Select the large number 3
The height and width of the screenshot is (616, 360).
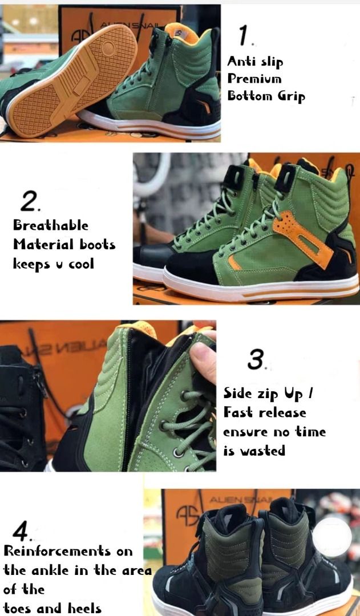coord(256,360)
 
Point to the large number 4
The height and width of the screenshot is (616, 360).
coord(21,532)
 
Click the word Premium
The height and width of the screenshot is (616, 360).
coord(254,78)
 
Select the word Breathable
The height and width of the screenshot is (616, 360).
coord(51,225)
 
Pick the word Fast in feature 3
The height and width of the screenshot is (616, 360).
coord(238,412)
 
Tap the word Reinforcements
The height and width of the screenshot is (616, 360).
coord(68,551)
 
